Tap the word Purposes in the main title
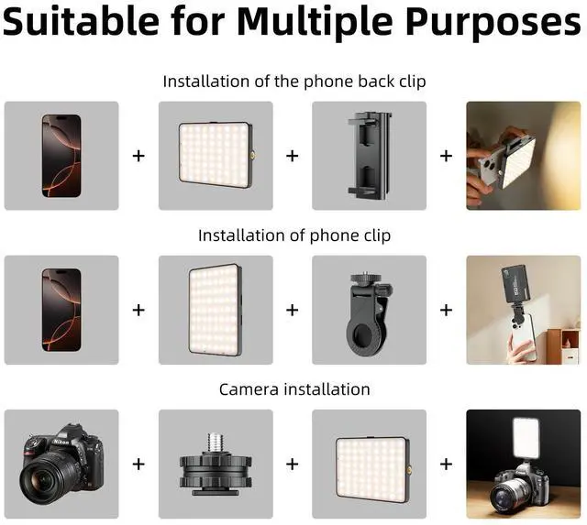[x=493, y=22]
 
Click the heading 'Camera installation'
[x=294, y=389]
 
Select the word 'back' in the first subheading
[x=376, y=82]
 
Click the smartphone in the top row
[x=61, y=156]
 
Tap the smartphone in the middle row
[x=61, y=310]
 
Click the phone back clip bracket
[x=370, y=155]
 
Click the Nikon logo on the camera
[x=61, y=442]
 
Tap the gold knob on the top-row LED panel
[x=253, y=154]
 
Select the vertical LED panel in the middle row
[x=216, y=310]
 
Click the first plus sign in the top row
[x=138, y=156]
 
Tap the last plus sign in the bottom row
[x=446, y=464]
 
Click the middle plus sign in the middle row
[x=292, y=310]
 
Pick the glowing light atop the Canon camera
[x=526, y=438]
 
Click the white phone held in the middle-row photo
[x=522, y=335]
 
